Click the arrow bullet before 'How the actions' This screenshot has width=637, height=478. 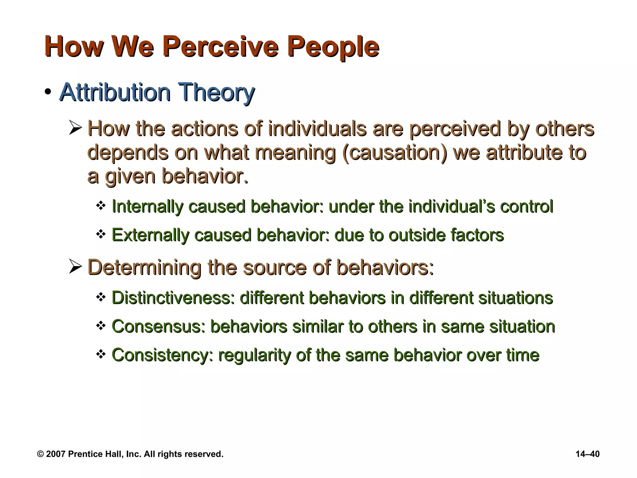(x=75, y=129)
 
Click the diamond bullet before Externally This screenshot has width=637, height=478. (x=100, y=234)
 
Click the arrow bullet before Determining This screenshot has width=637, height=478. (x=75, y=267)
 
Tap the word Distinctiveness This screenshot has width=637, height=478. (x=173, y=298)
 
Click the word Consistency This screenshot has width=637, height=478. (x=162, y=355)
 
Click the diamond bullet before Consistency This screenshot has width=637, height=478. (x=100, y=354)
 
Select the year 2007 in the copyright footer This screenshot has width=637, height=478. (x=56, y=454)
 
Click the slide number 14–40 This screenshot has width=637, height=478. (x=588, y=454)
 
